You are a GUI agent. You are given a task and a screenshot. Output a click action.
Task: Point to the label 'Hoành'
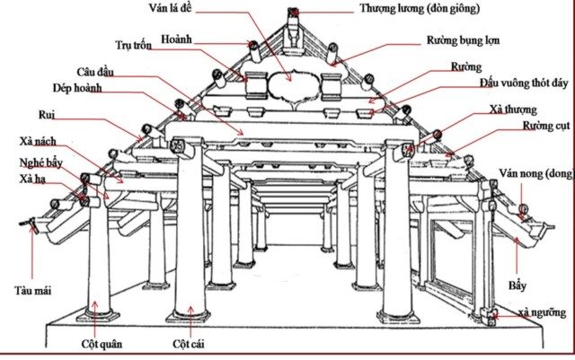pyautogui.click(x=178, y=39)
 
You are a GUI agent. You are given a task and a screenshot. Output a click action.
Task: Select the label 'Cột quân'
pyautogui.click(x=100, y=344)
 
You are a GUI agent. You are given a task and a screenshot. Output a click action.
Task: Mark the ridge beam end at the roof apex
pyautogui.click(x=294, y=15)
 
